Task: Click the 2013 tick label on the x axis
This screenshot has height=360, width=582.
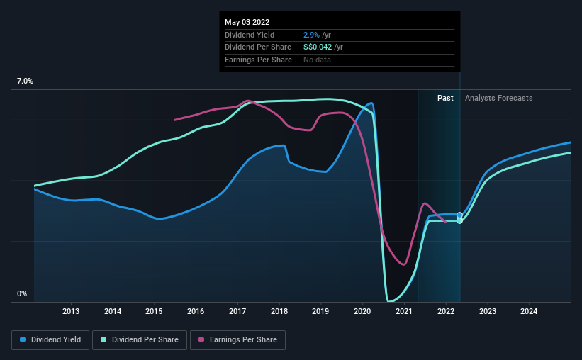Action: (x=71, y=311)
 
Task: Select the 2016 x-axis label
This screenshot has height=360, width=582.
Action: (x=196, y=311)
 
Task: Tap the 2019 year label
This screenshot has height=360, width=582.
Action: (x=321, y=311)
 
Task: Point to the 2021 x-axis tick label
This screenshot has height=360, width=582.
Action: (x=404, y=311)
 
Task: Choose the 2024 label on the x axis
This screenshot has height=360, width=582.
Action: (x=529, y=311)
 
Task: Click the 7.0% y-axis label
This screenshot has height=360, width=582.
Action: (x=25, y=81)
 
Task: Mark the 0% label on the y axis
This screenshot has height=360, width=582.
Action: (x=21, y=293)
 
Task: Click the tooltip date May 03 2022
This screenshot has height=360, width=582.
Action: (x=247, y=22)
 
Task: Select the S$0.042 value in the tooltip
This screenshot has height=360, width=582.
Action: (x=313, y=47)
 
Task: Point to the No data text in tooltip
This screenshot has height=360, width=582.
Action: (x=317, y=60)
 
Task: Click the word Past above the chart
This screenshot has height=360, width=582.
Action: (x=445, y=98)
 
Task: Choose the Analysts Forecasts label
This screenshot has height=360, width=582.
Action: (x=498, y=98)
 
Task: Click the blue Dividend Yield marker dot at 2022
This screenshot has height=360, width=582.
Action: (x=459, y=215)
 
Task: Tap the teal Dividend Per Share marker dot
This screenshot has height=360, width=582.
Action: (x=459, y=221)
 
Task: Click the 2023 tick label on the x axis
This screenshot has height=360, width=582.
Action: (x=488, y=311)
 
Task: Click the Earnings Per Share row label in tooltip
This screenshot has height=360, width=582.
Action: (x=258, y=60)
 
